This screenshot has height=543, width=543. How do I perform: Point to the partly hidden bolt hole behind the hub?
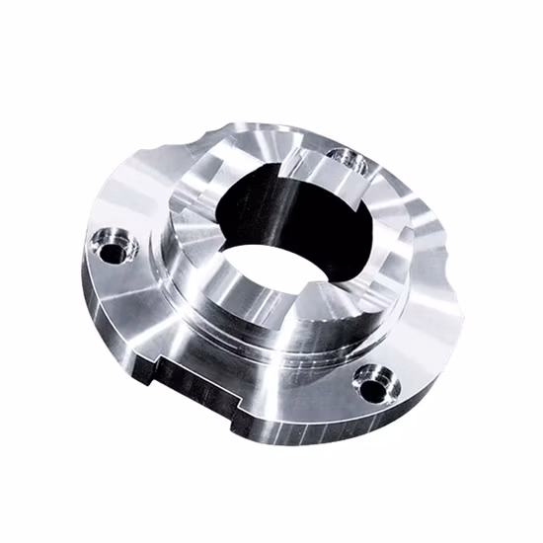click(x=344, y=158)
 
